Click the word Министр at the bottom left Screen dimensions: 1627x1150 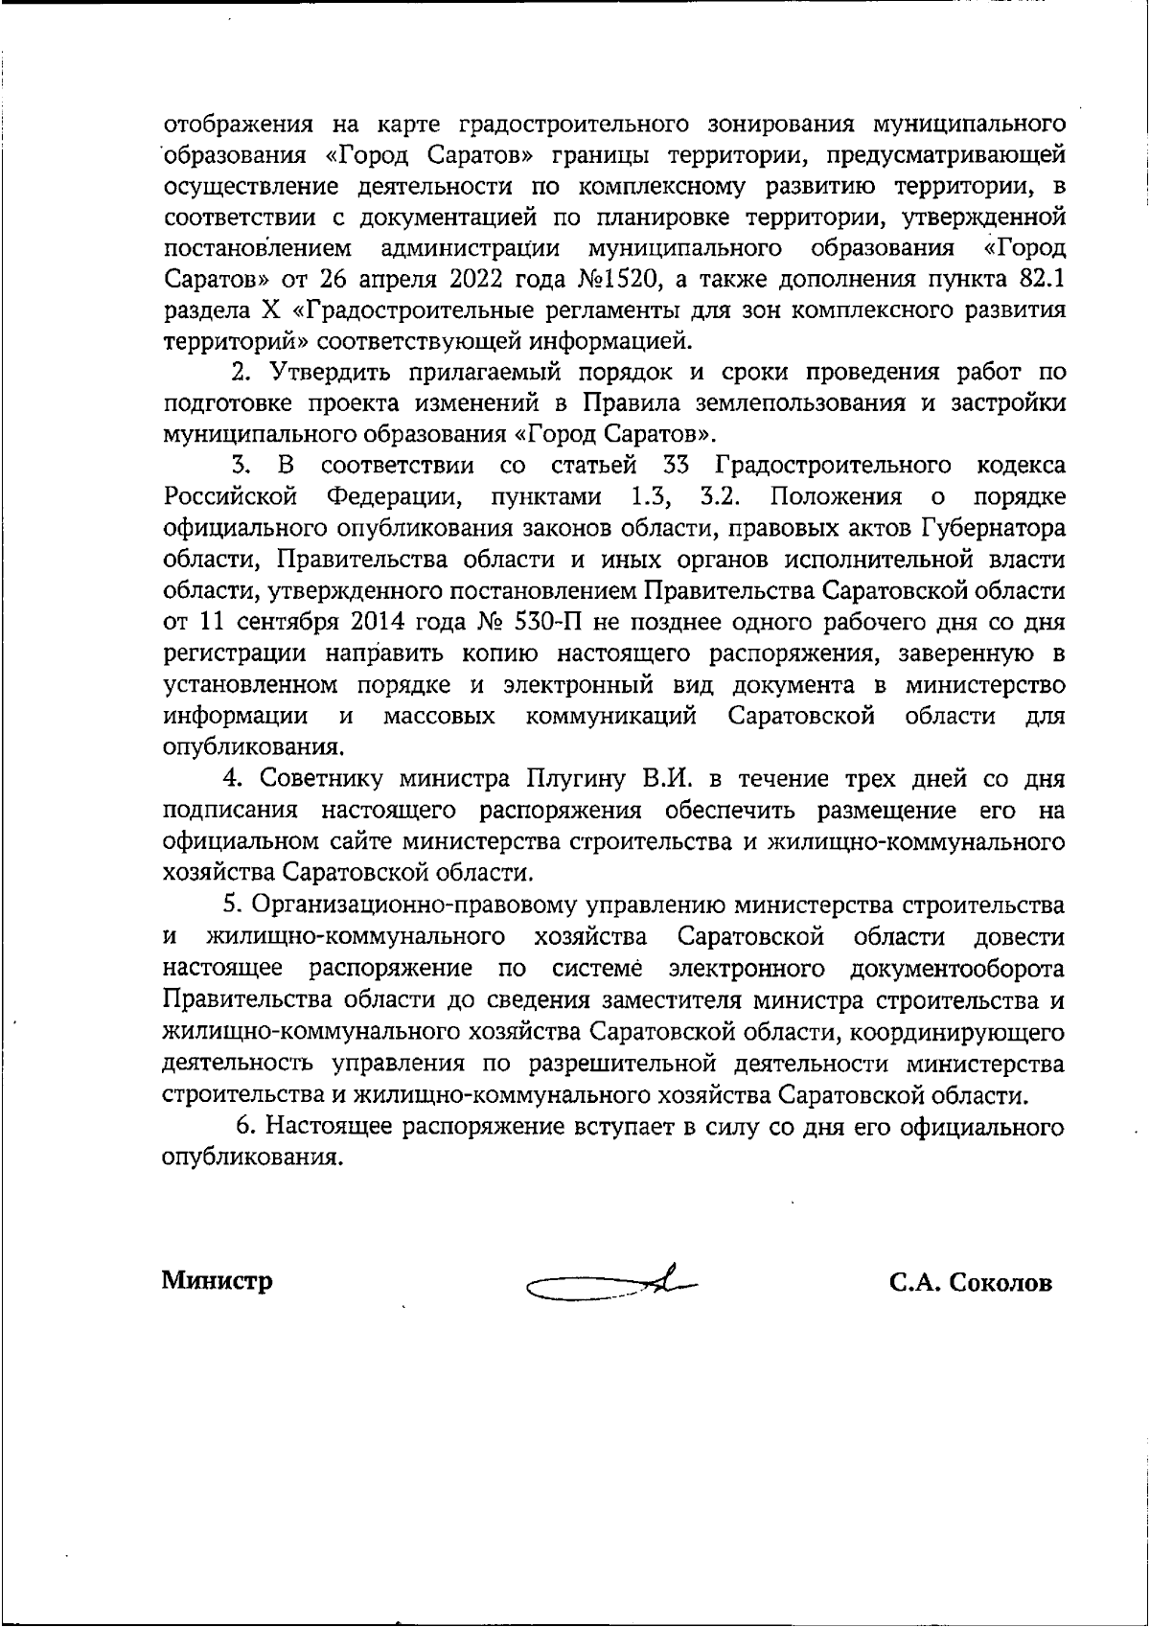217,1280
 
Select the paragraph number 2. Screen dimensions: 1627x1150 241,372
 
